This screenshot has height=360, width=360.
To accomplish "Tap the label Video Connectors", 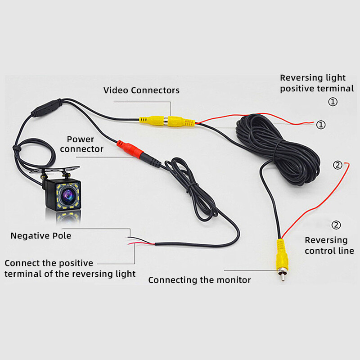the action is (141, 90).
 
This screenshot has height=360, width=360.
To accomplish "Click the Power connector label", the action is (81, 144).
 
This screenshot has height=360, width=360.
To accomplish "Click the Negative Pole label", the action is (41, 236).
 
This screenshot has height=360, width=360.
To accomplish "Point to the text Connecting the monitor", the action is (199, 280).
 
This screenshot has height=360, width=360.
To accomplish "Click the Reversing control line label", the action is (329, 245).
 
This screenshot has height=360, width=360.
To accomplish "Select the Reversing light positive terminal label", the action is (317, 83).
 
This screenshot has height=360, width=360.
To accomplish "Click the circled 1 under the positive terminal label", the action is (333, 102).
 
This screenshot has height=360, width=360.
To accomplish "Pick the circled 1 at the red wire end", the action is (321, 125).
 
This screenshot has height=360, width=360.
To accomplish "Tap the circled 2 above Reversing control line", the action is (336, 225).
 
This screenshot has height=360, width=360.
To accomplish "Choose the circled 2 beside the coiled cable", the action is (338, 165).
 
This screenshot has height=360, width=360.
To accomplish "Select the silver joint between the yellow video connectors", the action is (166, 121).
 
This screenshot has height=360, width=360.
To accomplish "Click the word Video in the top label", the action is (116, 90).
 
